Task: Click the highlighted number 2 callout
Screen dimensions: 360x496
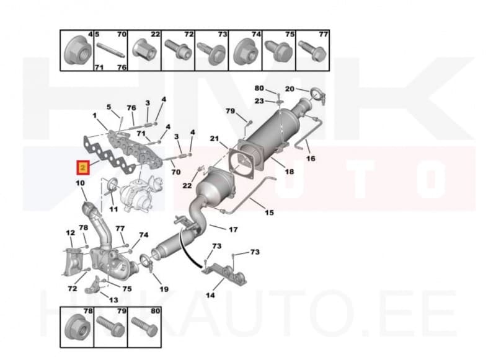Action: pos(82,167)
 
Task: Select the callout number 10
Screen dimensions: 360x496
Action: pos(80,183)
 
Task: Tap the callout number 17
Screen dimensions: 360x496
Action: pos(233,230)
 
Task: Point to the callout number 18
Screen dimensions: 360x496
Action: pos(290,170)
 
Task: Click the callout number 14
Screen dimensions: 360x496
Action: pos(210,295)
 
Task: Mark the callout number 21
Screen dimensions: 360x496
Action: pos(215,138)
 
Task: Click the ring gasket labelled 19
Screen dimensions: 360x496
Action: pos(147,261)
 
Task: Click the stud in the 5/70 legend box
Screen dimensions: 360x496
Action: pos(110,51)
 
